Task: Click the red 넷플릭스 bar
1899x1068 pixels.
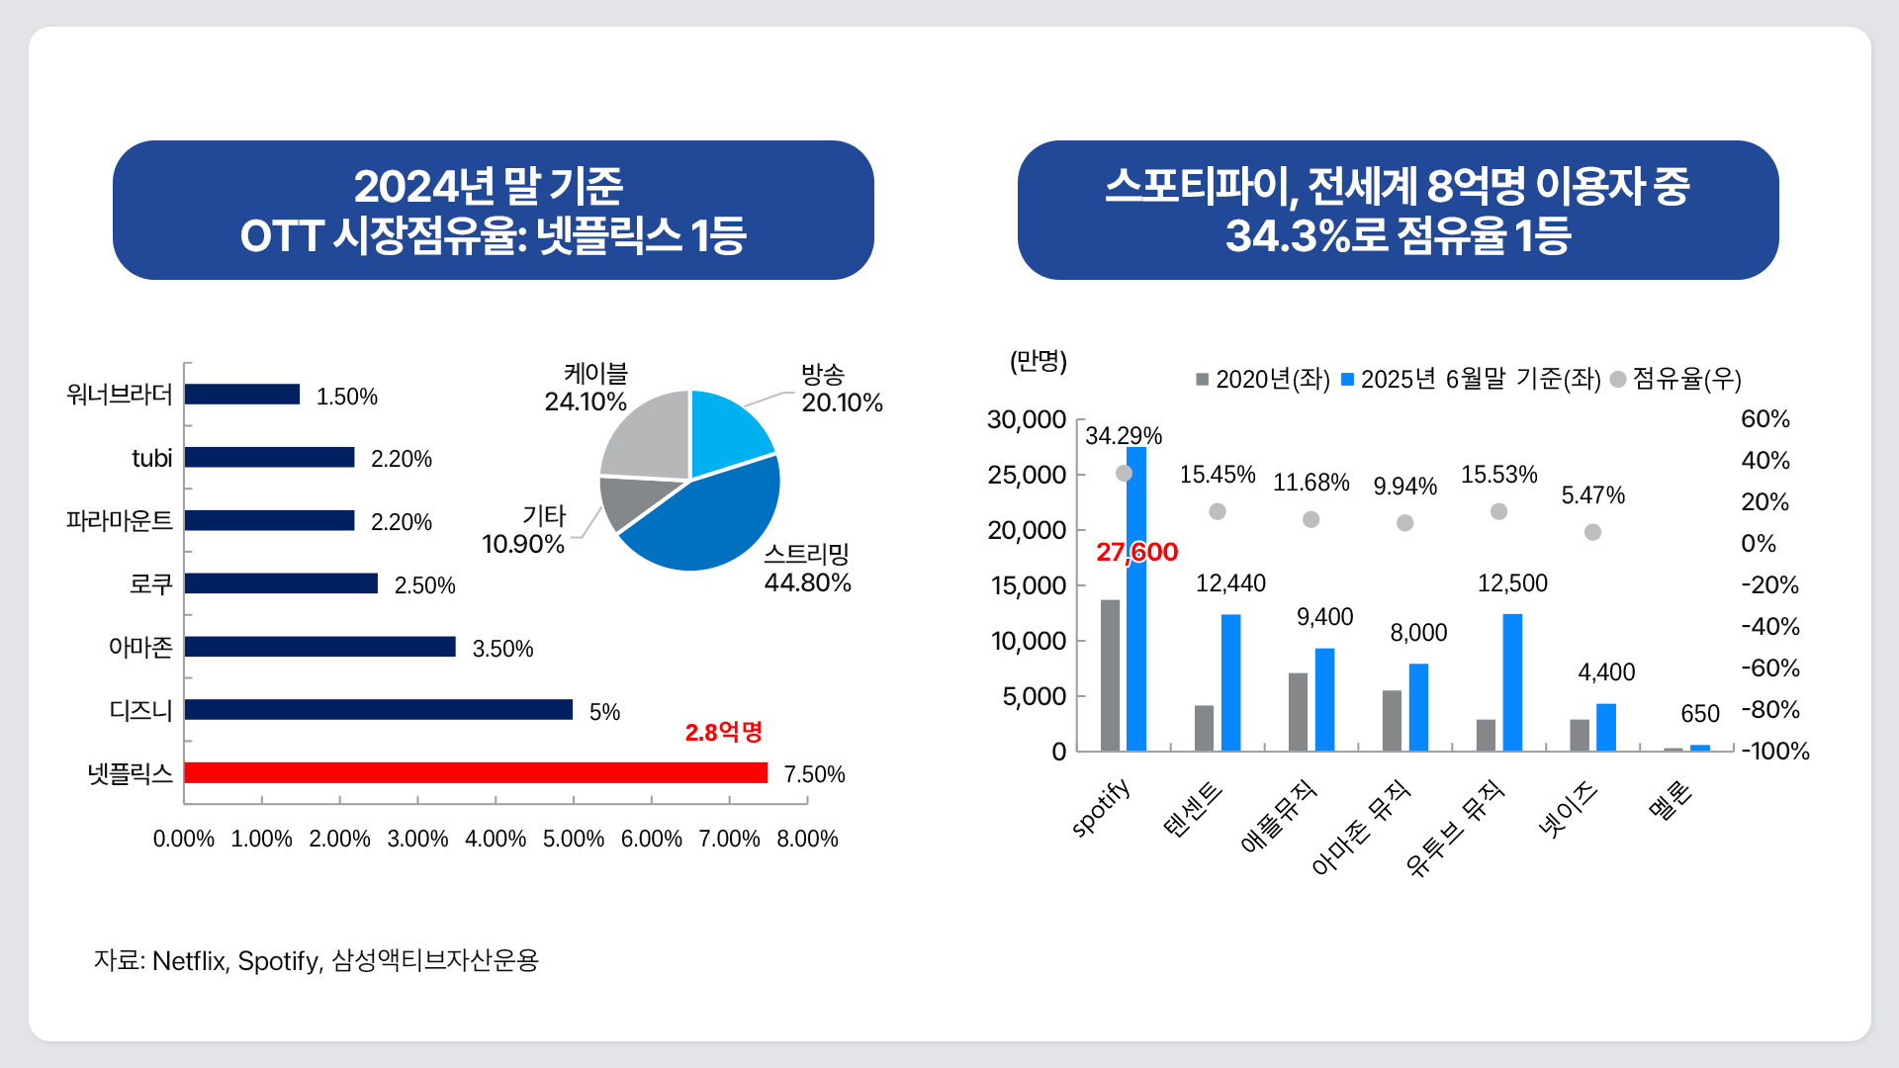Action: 475,773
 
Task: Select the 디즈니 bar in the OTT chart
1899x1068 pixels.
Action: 378,710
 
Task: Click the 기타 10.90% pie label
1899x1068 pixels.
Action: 524,531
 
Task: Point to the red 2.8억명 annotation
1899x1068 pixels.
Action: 723,732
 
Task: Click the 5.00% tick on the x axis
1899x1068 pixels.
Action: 573,840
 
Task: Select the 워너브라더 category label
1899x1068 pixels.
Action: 119,395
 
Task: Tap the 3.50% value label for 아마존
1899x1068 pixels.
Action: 502,649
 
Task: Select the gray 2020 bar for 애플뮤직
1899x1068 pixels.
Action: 1298,712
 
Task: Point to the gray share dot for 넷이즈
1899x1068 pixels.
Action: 1592,532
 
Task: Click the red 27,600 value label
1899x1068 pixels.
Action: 1136,552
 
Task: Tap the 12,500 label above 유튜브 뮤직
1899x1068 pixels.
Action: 1512,583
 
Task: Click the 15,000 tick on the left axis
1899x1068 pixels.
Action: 1029,586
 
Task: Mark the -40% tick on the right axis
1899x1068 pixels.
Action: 1770,627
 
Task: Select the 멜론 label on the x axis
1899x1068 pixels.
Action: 1672,801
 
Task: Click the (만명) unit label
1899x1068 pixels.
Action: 1038,361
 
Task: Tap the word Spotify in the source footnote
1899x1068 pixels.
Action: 278,961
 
